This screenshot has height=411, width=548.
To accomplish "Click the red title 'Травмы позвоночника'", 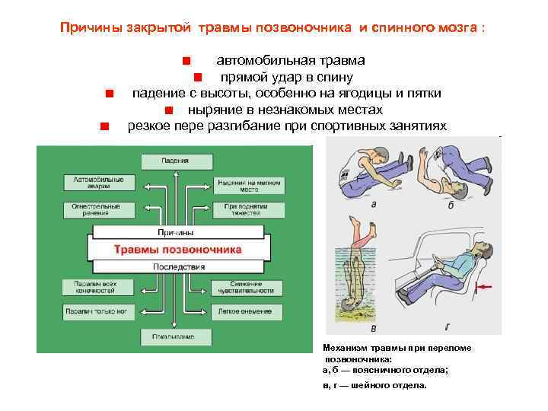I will point(177,249).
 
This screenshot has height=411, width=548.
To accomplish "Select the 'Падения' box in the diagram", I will point(175,161).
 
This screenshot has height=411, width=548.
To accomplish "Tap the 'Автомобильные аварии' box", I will point(97,183).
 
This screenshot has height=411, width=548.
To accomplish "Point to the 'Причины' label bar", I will point(175,231).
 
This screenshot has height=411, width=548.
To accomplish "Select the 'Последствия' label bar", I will point(179,266).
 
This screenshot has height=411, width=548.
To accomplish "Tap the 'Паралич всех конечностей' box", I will point(96,287).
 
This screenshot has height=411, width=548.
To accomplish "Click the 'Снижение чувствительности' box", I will point(250,287).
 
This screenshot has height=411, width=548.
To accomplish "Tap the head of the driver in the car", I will point(481,250).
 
